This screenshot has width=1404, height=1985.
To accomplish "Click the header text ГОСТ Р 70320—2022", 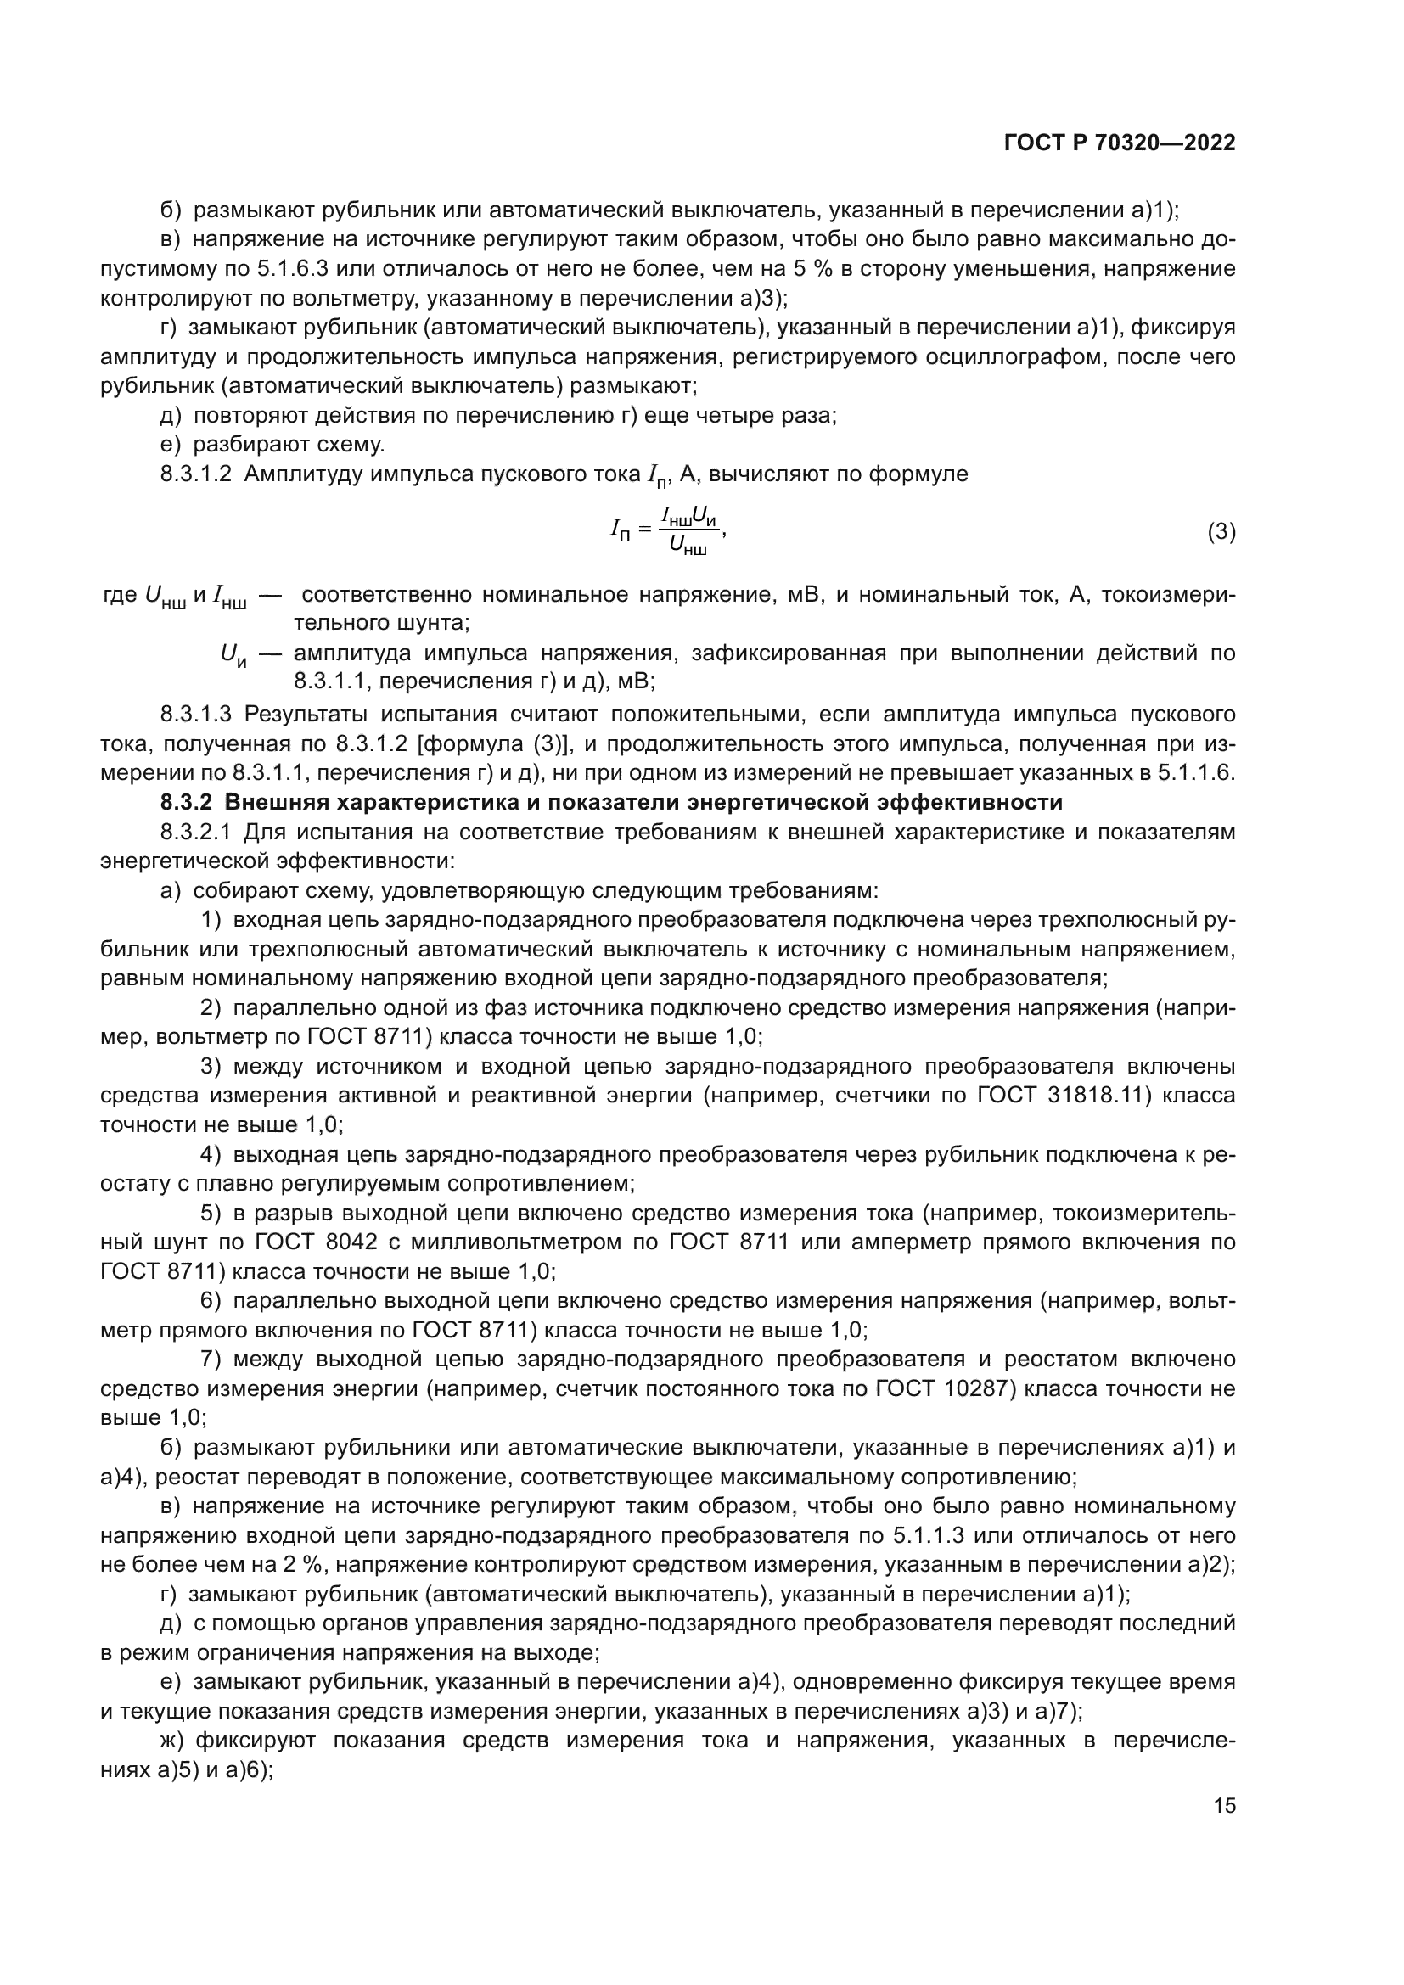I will (1120, 143).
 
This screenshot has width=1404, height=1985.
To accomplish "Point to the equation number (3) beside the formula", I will (1221, 532).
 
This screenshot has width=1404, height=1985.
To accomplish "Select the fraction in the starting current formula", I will (689, 530).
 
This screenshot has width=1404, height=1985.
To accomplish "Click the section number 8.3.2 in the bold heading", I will (186, 802).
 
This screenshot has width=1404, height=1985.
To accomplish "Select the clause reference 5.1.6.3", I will (293, 269).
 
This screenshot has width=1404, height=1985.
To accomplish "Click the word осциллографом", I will (980, 357).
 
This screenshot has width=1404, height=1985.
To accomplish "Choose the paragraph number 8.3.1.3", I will (196, 714).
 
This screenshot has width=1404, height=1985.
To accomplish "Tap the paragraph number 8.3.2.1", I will (196, 832).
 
